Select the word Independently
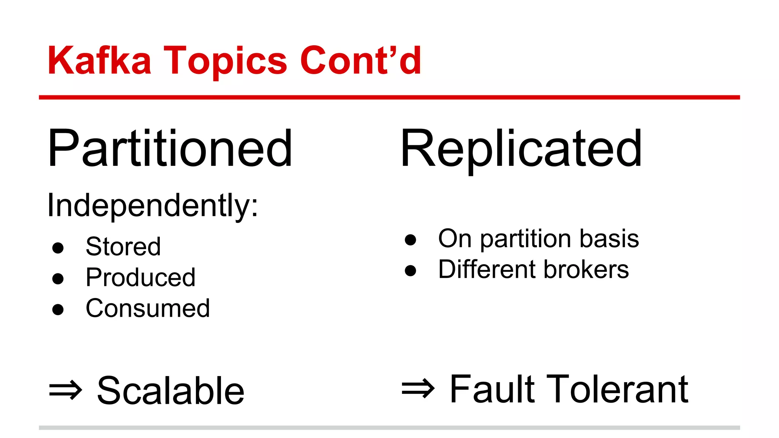pyautogui.click(x=152, y=206)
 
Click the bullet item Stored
pyautogui.click(x=123, y=246)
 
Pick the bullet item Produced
pyautogui.click(x=140, y=277)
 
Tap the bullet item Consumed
pyautogui.click(x=148, y=308)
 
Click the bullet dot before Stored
pyautogui.click(x=58, y=248)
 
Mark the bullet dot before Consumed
pyautogui.click(x=58, y=309)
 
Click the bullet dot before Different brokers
pyautogui.click(x=410, y=270)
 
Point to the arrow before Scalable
pyautogui.click(x=65, y=390)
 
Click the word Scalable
pyautogui.click(x=171, y=390)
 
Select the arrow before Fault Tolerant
pyautogui.click(x=418, y=389)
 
